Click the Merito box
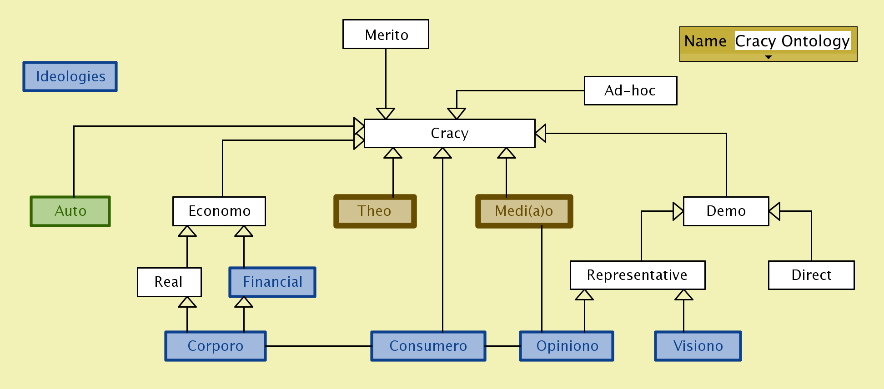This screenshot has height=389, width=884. click(386, 34)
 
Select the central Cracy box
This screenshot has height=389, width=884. click(449, 133)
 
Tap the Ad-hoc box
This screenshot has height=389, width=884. click(630, 90)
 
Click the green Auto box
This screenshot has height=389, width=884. click(70, 211)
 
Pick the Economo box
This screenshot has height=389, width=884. click(219, 211)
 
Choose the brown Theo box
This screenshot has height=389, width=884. click(375, 211)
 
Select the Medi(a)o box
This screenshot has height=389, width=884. click(524, 211)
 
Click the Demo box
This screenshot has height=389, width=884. click(726, 211)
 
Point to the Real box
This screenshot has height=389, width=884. click(169, 282)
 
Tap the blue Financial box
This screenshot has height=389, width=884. click(272, 282)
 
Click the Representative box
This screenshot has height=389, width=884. click(638, 275)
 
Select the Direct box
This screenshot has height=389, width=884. click(811, 275)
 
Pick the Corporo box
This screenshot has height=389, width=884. click(216, 346)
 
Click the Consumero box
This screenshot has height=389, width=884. click(428, 346)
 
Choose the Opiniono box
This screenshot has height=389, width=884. click(567, 346)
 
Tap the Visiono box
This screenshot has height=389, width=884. click(698, 346)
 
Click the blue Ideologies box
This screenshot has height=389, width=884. click(70, 76)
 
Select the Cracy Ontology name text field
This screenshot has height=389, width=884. click(792, 41)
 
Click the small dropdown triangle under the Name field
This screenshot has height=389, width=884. click(768, 57)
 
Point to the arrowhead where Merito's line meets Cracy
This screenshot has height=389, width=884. click(386, 113)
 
